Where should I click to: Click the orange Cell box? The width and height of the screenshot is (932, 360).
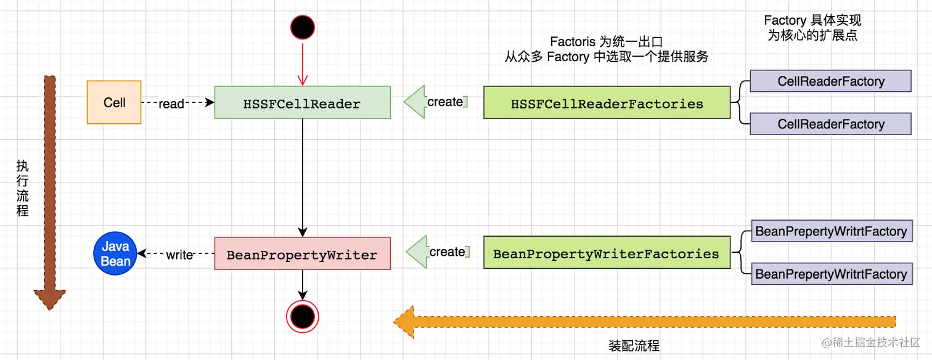click(x=114, y=102)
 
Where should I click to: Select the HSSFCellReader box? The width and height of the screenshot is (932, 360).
click(x=302, y=102)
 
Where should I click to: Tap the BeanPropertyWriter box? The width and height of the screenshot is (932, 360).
click(x=302, y=253)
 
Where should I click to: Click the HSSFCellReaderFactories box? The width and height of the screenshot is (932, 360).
click(x=607, y=102)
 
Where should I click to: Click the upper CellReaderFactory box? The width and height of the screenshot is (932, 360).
click(x=830, y=81)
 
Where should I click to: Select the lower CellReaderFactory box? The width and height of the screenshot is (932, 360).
click(x=830, y=124)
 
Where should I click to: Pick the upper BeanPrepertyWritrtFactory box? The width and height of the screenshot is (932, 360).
click(x=831, y=232)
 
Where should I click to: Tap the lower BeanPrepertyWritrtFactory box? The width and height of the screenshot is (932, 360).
click(x=831, y=274)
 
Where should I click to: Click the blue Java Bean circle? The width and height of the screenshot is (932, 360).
click(x=115, y=253)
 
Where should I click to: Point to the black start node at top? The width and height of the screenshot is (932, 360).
click(x=302, y=27)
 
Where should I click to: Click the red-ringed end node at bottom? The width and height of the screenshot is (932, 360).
click(x=303, y=317)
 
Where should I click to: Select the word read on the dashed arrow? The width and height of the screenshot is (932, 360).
click(x=171, y=104)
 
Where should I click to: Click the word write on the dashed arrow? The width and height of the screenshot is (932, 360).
click(x=179, y=254)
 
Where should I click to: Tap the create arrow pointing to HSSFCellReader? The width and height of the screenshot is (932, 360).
click(x=435, y=102)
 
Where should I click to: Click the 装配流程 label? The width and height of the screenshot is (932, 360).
click(x=634, y=346)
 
